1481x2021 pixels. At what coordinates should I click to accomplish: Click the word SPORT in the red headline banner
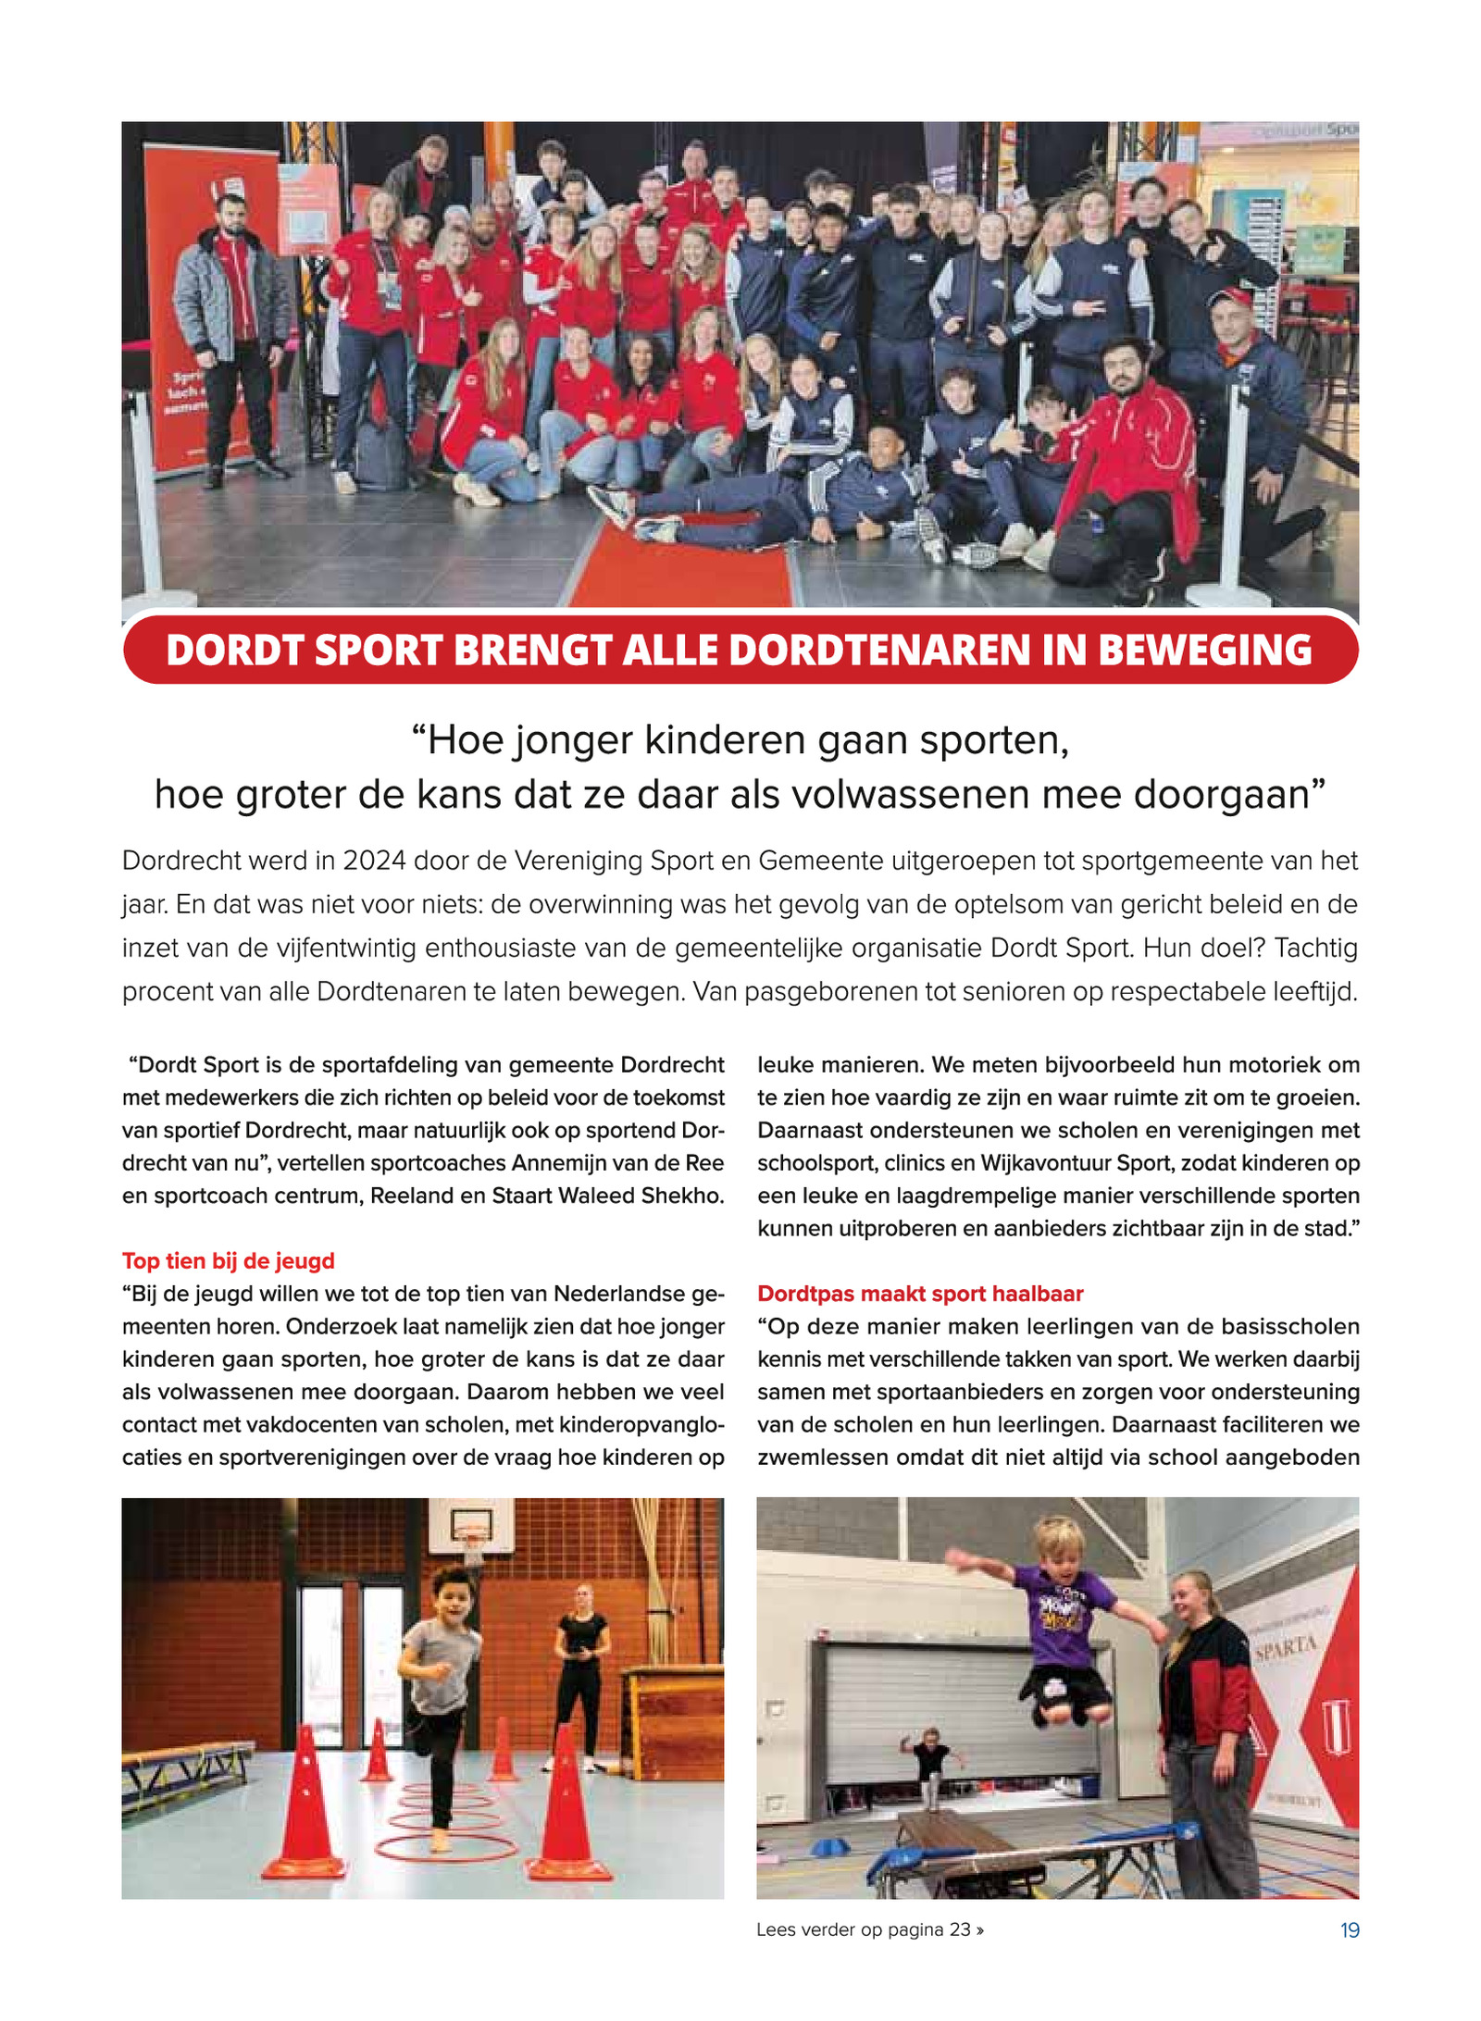378,651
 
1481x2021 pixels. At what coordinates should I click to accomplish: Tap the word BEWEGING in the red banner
1204,651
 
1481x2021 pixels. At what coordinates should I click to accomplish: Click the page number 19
1350,1929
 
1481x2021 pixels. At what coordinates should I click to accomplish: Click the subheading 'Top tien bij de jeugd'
229,1260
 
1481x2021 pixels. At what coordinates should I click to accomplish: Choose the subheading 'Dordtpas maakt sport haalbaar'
920,1293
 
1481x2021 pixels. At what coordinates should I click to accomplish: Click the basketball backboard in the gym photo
470,1523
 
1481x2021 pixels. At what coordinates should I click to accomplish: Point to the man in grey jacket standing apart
231,333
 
